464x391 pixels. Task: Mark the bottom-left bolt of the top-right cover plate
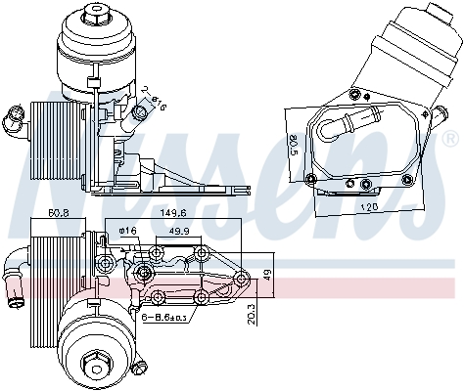coord(312,178)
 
